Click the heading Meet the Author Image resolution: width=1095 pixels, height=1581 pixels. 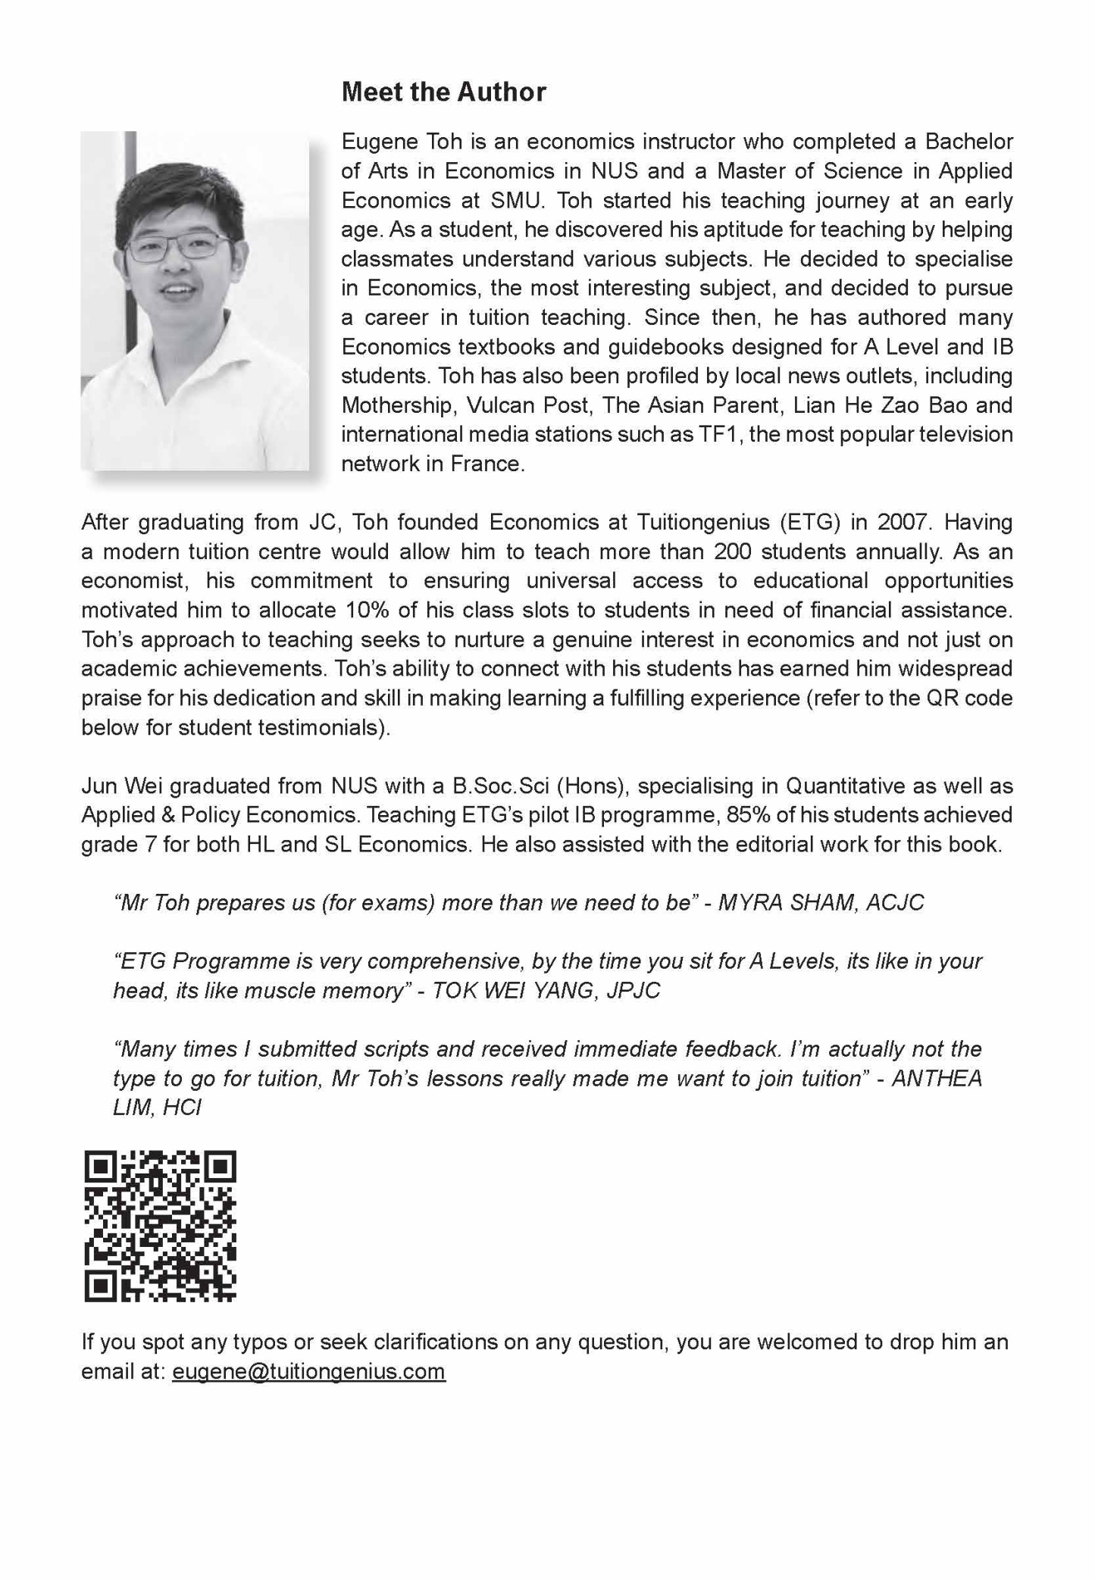click(443, 92)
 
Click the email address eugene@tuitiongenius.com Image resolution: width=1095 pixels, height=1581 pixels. click(308, 1371)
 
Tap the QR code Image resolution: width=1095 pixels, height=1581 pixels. click(160, 1226)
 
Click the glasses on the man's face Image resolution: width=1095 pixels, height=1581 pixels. click(179, 248)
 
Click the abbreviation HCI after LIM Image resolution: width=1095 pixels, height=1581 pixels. click(182, 1108)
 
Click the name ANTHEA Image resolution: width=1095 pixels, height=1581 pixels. click(937, 1078)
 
